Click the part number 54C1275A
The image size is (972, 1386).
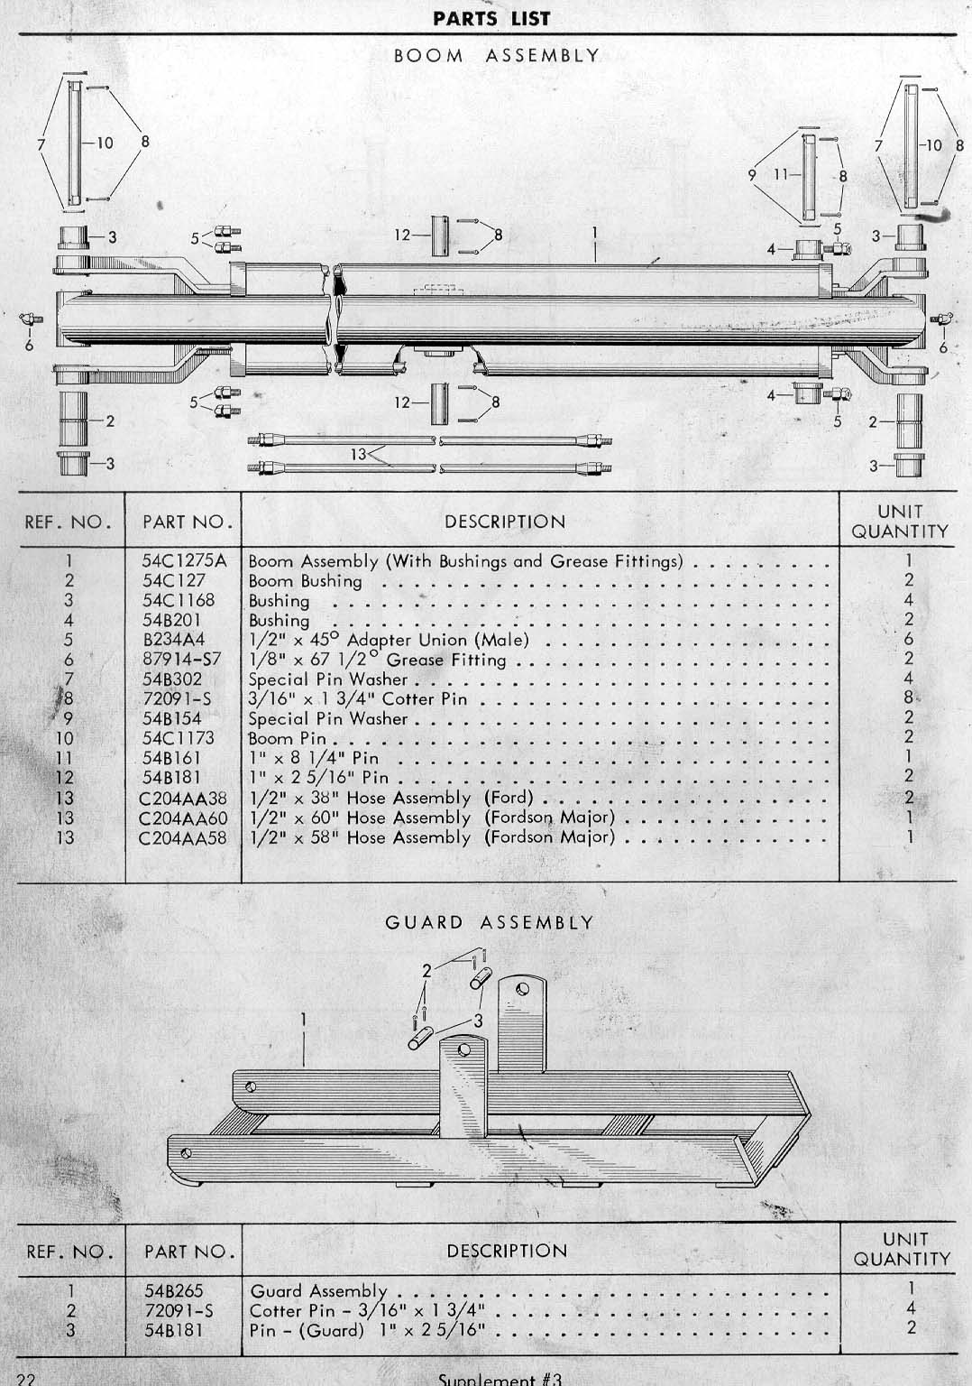point(184,560)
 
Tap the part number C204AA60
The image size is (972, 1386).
point(183,818)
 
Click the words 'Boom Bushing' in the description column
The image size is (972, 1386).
point(306,581)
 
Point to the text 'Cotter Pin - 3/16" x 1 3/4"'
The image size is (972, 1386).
point(367,1310)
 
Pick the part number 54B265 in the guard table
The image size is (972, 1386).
point(174,1290)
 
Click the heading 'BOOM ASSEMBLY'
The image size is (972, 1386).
point(497,56)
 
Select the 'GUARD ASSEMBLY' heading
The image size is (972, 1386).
point(489,922)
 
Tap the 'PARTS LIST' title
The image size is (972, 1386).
point(491,19)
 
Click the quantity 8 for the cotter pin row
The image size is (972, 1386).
point(908,698)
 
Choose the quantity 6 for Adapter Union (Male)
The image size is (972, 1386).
point(908,639)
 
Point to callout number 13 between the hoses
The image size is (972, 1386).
point(359,455)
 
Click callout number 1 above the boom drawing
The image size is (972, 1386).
point(595,233)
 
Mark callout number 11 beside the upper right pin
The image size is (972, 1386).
point(782,175)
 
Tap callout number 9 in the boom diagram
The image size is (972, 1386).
point(752,175)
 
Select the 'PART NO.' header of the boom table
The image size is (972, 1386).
point(188,522)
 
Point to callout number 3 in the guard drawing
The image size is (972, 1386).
point(478,1021)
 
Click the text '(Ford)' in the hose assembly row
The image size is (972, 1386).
point(509,797)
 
